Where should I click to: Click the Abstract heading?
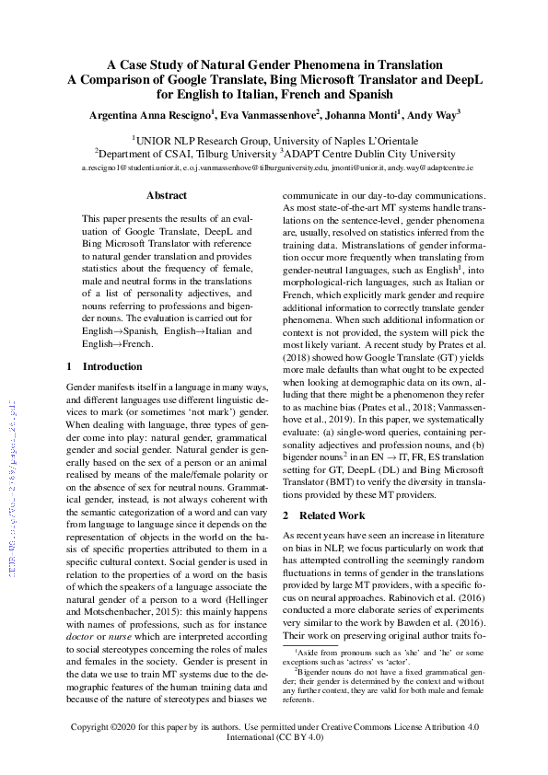pyautogui.click(x=167, y=195)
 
